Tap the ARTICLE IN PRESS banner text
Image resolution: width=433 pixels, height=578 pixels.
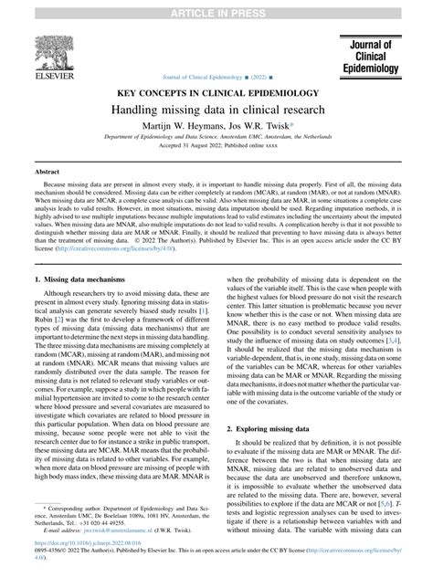[x=216, y=8]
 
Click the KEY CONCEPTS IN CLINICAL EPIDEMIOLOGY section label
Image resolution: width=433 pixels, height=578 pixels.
[x=216, y=93]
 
